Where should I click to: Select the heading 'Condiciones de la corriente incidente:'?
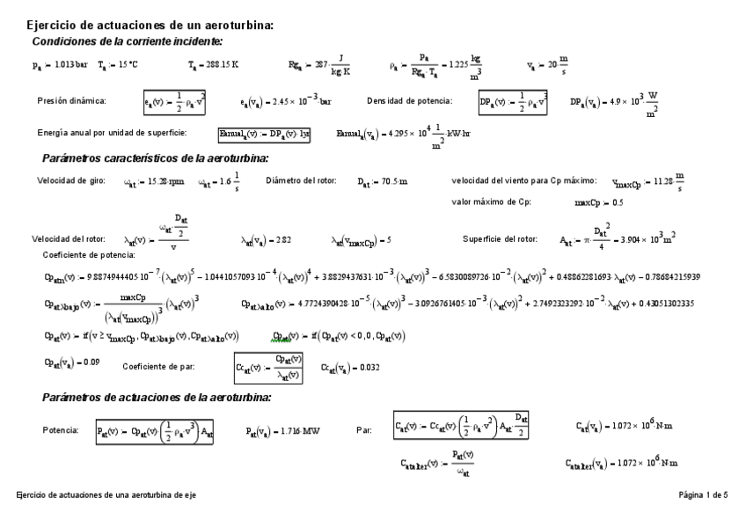pyautogui.click(x=127, y=41)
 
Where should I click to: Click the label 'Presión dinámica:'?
pyautogui.click(x=71, y=101)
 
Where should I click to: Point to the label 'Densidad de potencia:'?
pyautogui.click(x=409, y=101)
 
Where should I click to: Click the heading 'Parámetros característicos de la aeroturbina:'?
pyautogui.click(x=155, y=158)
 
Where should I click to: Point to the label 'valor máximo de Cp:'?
pyautogui.click(x=491, y=201)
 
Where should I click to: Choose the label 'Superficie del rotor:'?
pyautogui.click(x=500, y=238)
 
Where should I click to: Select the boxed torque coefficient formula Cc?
pyautogui.click(x=268, y=368)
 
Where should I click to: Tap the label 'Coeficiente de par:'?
pyautogui.click(x=165, y=367)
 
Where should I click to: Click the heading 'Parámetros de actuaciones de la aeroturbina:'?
pyautogui.click(x=156, y=398)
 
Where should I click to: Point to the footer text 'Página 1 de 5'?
pyautogui.click(x=703, y=495)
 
